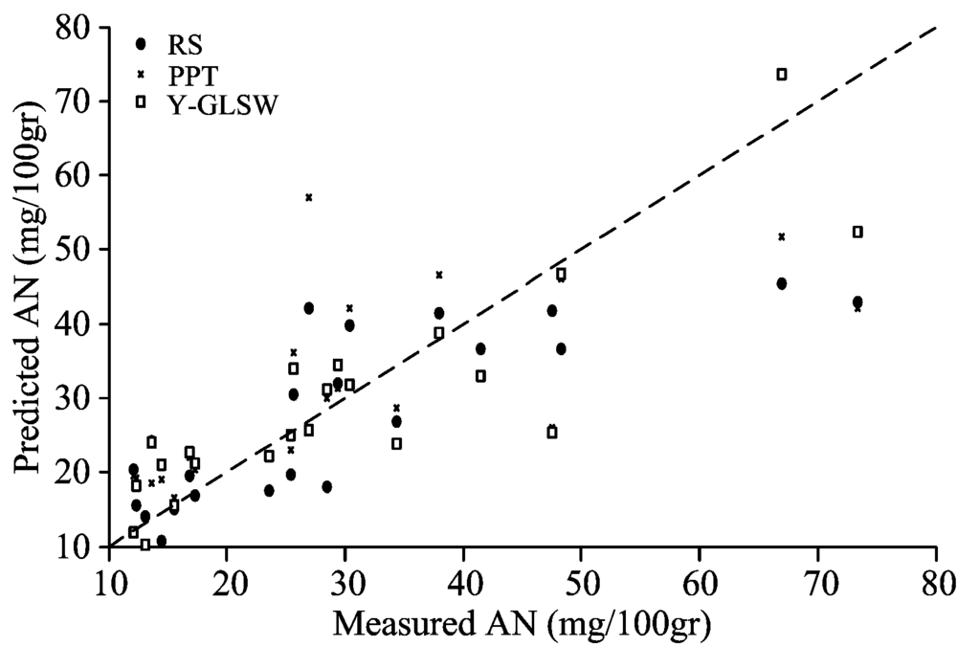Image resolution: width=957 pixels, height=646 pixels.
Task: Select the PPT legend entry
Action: [x=177, y=76]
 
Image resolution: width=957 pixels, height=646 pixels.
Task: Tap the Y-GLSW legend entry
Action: [x=207, y=104]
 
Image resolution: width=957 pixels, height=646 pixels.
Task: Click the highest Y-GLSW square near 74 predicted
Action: [x=781, y=75]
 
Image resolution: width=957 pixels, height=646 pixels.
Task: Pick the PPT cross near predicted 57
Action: [x=309, y=197]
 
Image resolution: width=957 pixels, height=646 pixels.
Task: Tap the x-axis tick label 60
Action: [x=700, y=583]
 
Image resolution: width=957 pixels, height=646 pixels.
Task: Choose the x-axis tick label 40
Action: [x=463, y=583]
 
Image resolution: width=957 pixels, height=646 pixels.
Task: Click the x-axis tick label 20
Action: [x=227, y=583]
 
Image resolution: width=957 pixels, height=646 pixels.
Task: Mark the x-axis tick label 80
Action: [x=935, y=583]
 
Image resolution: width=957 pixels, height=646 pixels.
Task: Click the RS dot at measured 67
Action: [x=781, y=283]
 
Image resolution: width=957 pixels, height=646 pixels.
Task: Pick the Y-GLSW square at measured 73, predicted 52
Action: [x=857, y=232]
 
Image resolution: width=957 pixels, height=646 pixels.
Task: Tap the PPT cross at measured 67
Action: [x=781, y=237]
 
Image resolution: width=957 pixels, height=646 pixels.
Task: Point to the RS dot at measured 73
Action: [x=857, y=301]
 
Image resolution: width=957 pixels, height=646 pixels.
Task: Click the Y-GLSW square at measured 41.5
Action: [x=480, y=376]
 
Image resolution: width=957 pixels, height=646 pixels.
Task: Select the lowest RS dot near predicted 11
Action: [x=161, y=541]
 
